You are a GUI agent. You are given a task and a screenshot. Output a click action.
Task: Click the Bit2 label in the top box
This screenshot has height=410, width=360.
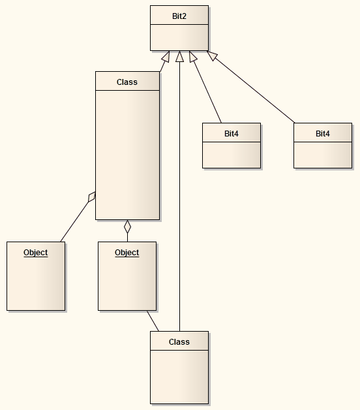[x=179, y=15]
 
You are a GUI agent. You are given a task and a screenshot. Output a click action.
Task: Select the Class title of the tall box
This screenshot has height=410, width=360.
[x=127, y=82]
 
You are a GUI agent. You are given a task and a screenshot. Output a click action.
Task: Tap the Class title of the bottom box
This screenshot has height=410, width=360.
[x=179, y=341]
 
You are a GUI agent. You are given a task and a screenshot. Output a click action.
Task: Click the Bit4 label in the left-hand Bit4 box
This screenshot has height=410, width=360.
[x=232, y=133]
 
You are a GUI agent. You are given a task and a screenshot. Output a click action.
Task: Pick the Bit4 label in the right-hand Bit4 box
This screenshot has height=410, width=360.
[x=323, y=133]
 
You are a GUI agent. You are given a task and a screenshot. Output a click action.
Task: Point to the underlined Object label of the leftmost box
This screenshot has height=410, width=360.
[x=36, y=253]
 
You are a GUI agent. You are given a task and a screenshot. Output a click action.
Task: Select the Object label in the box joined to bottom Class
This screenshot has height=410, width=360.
[x=127, y=253]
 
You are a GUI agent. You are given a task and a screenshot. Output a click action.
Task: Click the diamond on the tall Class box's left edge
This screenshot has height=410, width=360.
[x=92, y=196]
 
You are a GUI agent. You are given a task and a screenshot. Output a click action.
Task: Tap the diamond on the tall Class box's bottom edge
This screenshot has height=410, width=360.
[x=128, y=227]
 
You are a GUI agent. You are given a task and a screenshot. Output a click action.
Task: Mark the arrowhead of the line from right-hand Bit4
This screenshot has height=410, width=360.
[x=213, y=56]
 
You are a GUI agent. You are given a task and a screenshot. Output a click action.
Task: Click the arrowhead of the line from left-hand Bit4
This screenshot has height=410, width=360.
[x=193, y=57]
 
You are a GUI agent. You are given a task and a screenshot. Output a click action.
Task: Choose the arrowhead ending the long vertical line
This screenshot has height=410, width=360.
[x=179, y=57]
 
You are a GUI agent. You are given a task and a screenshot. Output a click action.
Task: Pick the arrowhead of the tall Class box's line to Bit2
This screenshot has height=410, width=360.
[x=166, y=57]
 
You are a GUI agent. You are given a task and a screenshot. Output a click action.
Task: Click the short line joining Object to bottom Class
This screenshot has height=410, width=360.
[x=153, y=321]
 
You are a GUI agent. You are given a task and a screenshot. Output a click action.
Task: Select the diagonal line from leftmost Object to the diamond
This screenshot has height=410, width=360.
[x=75, y=220]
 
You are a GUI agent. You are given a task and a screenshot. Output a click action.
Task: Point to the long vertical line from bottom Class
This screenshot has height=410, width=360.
[x=179, y=196]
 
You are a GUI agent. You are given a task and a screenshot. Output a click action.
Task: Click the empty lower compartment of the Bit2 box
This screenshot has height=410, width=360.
[x=179, y=37]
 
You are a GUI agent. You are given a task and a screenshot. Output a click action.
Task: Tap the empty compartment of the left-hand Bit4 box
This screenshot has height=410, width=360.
[x=232, y=155]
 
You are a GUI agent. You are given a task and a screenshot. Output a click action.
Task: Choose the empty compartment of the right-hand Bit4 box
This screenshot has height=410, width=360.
[x=323, y=155]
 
